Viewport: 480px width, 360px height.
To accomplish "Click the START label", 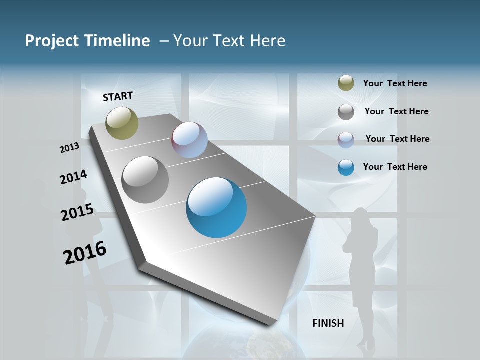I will [x=118, y=96].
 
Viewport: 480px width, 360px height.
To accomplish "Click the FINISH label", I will [x=328, y=323].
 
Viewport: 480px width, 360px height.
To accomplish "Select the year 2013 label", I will [x=69, y=147].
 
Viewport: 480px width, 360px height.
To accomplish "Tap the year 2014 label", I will [x=73, y=177].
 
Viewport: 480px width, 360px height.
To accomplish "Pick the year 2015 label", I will [x=77, y=212].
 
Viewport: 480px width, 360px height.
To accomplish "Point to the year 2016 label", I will [x=85, y=253].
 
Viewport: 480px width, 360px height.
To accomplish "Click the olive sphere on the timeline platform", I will [x=122, y=123].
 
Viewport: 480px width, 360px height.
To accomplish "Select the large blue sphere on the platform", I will [x=216, y=207].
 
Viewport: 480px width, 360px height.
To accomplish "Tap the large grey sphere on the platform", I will [x=145, y=179].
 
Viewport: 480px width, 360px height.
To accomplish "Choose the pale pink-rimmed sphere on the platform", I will [x=189, y=140].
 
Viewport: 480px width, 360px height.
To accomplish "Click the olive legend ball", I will [x=346, y=83].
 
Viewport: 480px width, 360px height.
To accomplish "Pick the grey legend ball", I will [x=346, y=112].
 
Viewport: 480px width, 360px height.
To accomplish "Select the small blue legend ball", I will [x=346, y=167].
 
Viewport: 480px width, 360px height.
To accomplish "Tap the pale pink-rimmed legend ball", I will [x=346, y=140].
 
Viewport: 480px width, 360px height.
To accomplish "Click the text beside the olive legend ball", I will [x=395, y=84].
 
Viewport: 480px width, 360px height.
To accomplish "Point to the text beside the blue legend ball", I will [x=395, y=167].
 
